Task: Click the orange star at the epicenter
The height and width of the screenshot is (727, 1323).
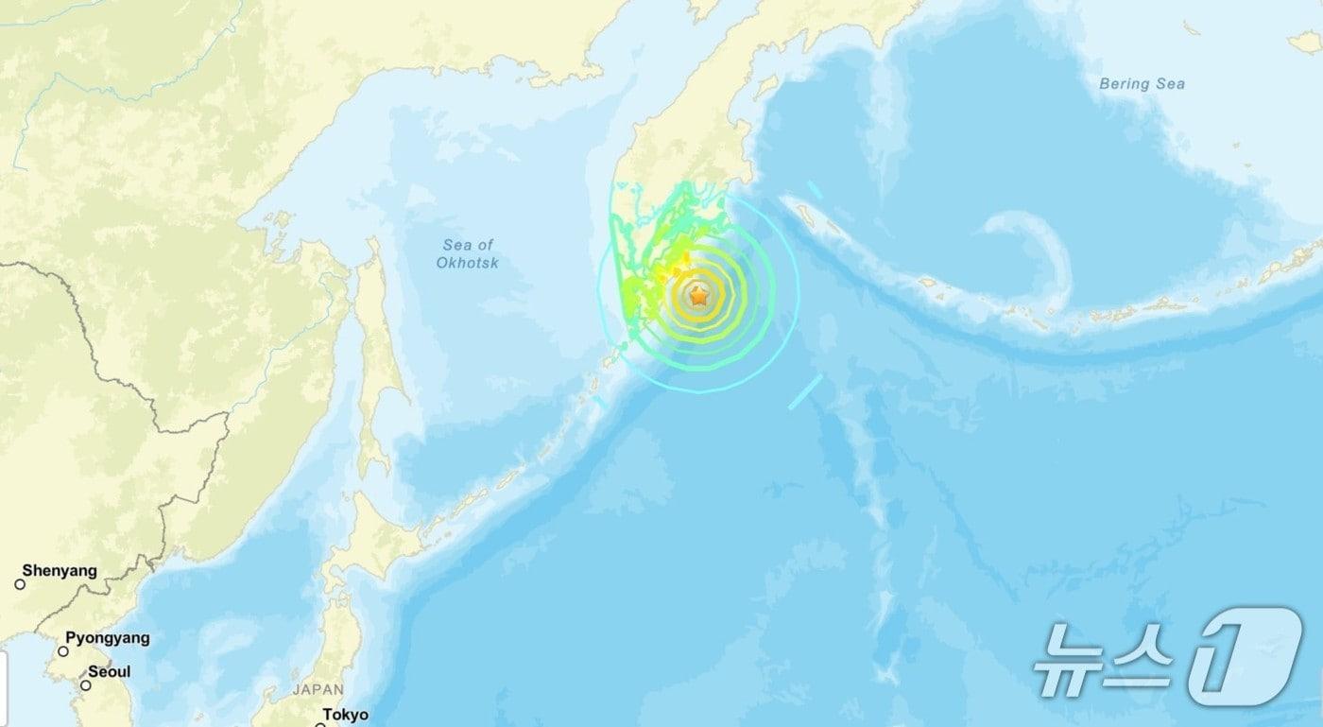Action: tap(698, 297)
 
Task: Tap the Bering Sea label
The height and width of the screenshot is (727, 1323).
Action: tap(1142, 84)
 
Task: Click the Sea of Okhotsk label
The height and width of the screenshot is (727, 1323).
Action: tap(467, 253)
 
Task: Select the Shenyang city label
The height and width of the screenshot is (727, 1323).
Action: tap(60, 571)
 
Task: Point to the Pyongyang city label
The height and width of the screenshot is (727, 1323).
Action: tap(107, 638)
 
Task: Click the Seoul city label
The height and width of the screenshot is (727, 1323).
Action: tap(109, 672)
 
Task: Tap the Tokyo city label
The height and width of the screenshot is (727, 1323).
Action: tap(345, 715)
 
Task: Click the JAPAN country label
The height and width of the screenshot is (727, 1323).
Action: tap(318, 690)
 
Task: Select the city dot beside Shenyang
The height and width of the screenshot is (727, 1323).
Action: tap(20, 584)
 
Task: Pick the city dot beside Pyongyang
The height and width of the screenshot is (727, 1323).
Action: tap(63, 651)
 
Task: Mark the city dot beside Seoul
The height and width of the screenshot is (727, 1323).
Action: tap(85, 685)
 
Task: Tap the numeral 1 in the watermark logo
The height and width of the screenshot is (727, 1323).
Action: tap(1245, 656)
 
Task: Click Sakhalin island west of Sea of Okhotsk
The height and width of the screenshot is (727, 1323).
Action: tap(378, 359)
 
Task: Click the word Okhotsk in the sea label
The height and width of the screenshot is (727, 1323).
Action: tap(467, 263)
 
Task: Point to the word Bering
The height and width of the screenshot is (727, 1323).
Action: tap(1120, 84)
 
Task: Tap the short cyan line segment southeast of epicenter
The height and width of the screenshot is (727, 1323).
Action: tap(805, 391)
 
